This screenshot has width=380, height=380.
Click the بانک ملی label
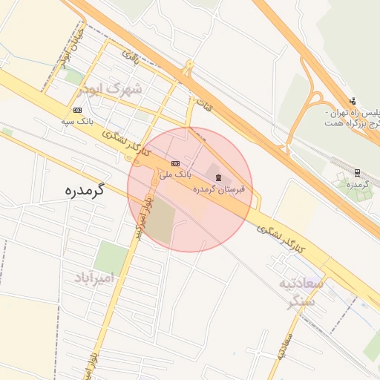pyautogui.click(x=177, y=173)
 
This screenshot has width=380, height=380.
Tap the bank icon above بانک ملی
pyautogui.click(x=175, y=163)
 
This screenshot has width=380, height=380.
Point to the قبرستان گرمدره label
pyautogui.click(x=218, y=189)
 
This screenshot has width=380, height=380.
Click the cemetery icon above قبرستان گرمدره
pyautogui.click(x=217, y=177)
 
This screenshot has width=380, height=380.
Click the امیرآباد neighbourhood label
pyautogui.click(x=96, y=278)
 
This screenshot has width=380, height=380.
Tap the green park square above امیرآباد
pyautogui.click(x=111, y=258)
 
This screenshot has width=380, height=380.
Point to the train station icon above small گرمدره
pyautogui.click(x=357, y=172)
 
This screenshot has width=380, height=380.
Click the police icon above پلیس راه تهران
pyautogui.click(x=353, y=101)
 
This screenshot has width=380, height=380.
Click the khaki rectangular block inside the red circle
pyautogui.click(x=163, y=221)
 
